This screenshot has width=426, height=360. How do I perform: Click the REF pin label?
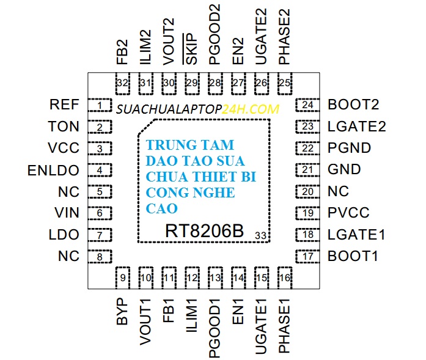(x=64, y=105)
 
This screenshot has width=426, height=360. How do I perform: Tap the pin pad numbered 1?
(x=100, y=106)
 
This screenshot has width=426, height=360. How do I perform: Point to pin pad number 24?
(x=308, y=106)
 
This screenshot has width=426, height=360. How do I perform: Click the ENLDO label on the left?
(x=54, y=170)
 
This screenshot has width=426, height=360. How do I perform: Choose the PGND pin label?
(x=350, y=148)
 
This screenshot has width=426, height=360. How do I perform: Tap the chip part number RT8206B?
(x=204, y=232)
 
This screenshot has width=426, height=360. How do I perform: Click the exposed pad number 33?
(x=260, y=235)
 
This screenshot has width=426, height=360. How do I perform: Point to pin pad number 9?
(x=123, y=278)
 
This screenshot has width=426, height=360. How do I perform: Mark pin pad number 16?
(x=285, y=278)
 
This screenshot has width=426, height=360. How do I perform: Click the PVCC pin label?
(x=348, y=213)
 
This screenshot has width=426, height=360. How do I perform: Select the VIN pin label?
(x=67, y=213)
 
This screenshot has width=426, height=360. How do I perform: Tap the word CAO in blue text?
(x=162, y=208)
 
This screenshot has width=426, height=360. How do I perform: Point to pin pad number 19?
(x=308, y=213)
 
